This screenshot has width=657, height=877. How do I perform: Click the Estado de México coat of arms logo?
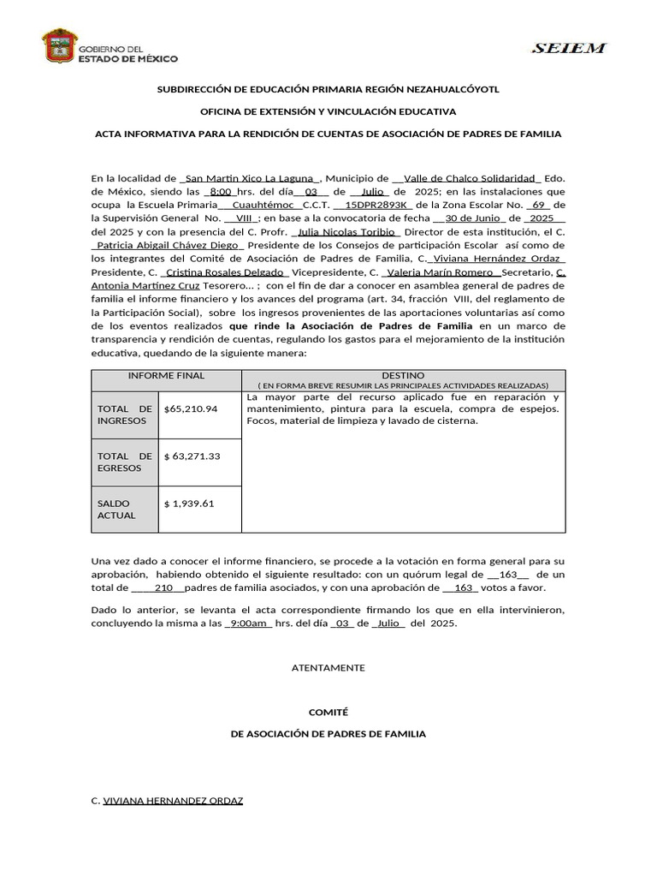click(x=59, y=46)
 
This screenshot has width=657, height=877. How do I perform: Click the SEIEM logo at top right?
click(x=569, y=49)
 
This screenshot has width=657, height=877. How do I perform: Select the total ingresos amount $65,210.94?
click(x=191, y=409)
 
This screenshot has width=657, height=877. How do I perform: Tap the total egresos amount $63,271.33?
click(x=192, y=456)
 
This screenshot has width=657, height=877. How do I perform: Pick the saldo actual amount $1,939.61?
click(x=189, y=504)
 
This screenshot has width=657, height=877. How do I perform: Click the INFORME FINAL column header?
click(x=166, y=375)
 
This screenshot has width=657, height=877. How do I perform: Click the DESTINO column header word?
click(x=403, y=375)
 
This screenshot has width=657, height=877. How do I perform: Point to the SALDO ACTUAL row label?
click(x=116, y=510)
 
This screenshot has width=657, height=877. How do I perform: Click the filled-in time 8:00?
click(x=221, y=192)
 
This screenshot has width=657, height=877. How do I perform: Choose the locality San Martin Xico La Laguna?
click(x=241, y=178)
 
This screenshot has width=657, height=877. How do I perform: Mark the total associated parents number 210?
click(x=164, y=588)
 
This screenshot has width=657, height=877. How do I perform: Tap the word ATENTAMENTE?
click(x=328, y=667)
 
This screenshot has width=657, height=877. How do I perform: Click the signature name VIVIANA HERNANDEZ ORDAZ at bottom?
click(x=173, y=801)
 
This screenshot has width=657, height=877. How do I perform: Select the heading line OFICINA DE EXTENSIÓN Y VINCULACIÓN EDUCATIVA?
click(x=328, y=111)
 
